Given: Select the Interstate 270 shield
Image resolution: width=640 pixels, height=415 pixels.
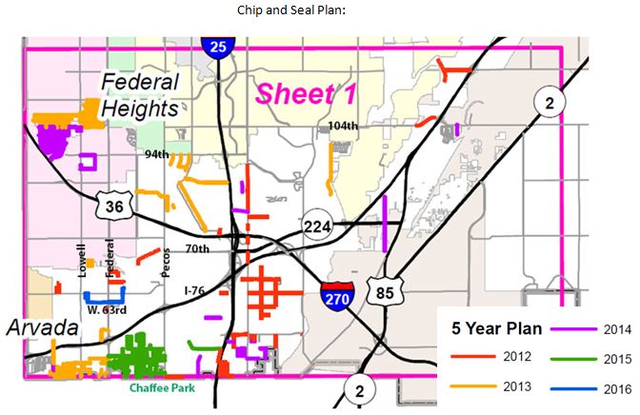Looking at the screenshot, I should point(338,295).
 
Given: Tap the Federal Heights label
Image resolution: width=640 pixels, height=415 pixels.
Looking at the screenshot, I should point(140,95).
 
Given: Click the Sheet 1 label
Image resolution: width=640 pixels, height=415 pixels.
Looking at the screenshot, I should point(298,94).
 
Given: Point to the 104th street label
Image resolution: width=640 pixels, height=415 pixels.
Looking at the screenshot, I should point(340,125).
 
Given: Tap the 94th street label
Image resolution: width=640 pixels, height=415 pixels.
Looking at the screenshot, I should point(157,153).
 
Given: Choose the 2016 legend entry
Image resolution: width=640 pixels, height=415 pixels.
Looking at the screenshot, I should point(615,388).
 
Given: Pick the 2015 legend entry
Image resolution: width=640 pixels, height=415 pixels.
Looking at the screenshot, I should point(615,359).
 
